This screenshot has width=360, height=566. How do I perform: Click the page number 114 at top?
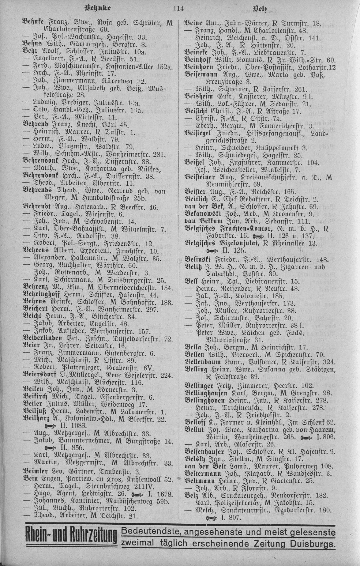click(x=178, y=9)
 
